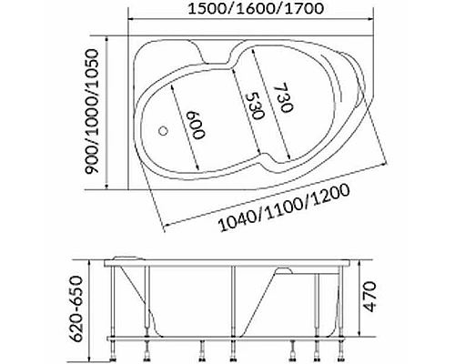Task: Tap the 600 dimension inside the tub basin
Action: click(x=192, y=125)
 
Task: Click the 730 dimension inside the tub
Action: click(x=279, y=94)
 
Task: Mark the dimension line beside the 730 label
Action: click(x=269, y=91)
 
